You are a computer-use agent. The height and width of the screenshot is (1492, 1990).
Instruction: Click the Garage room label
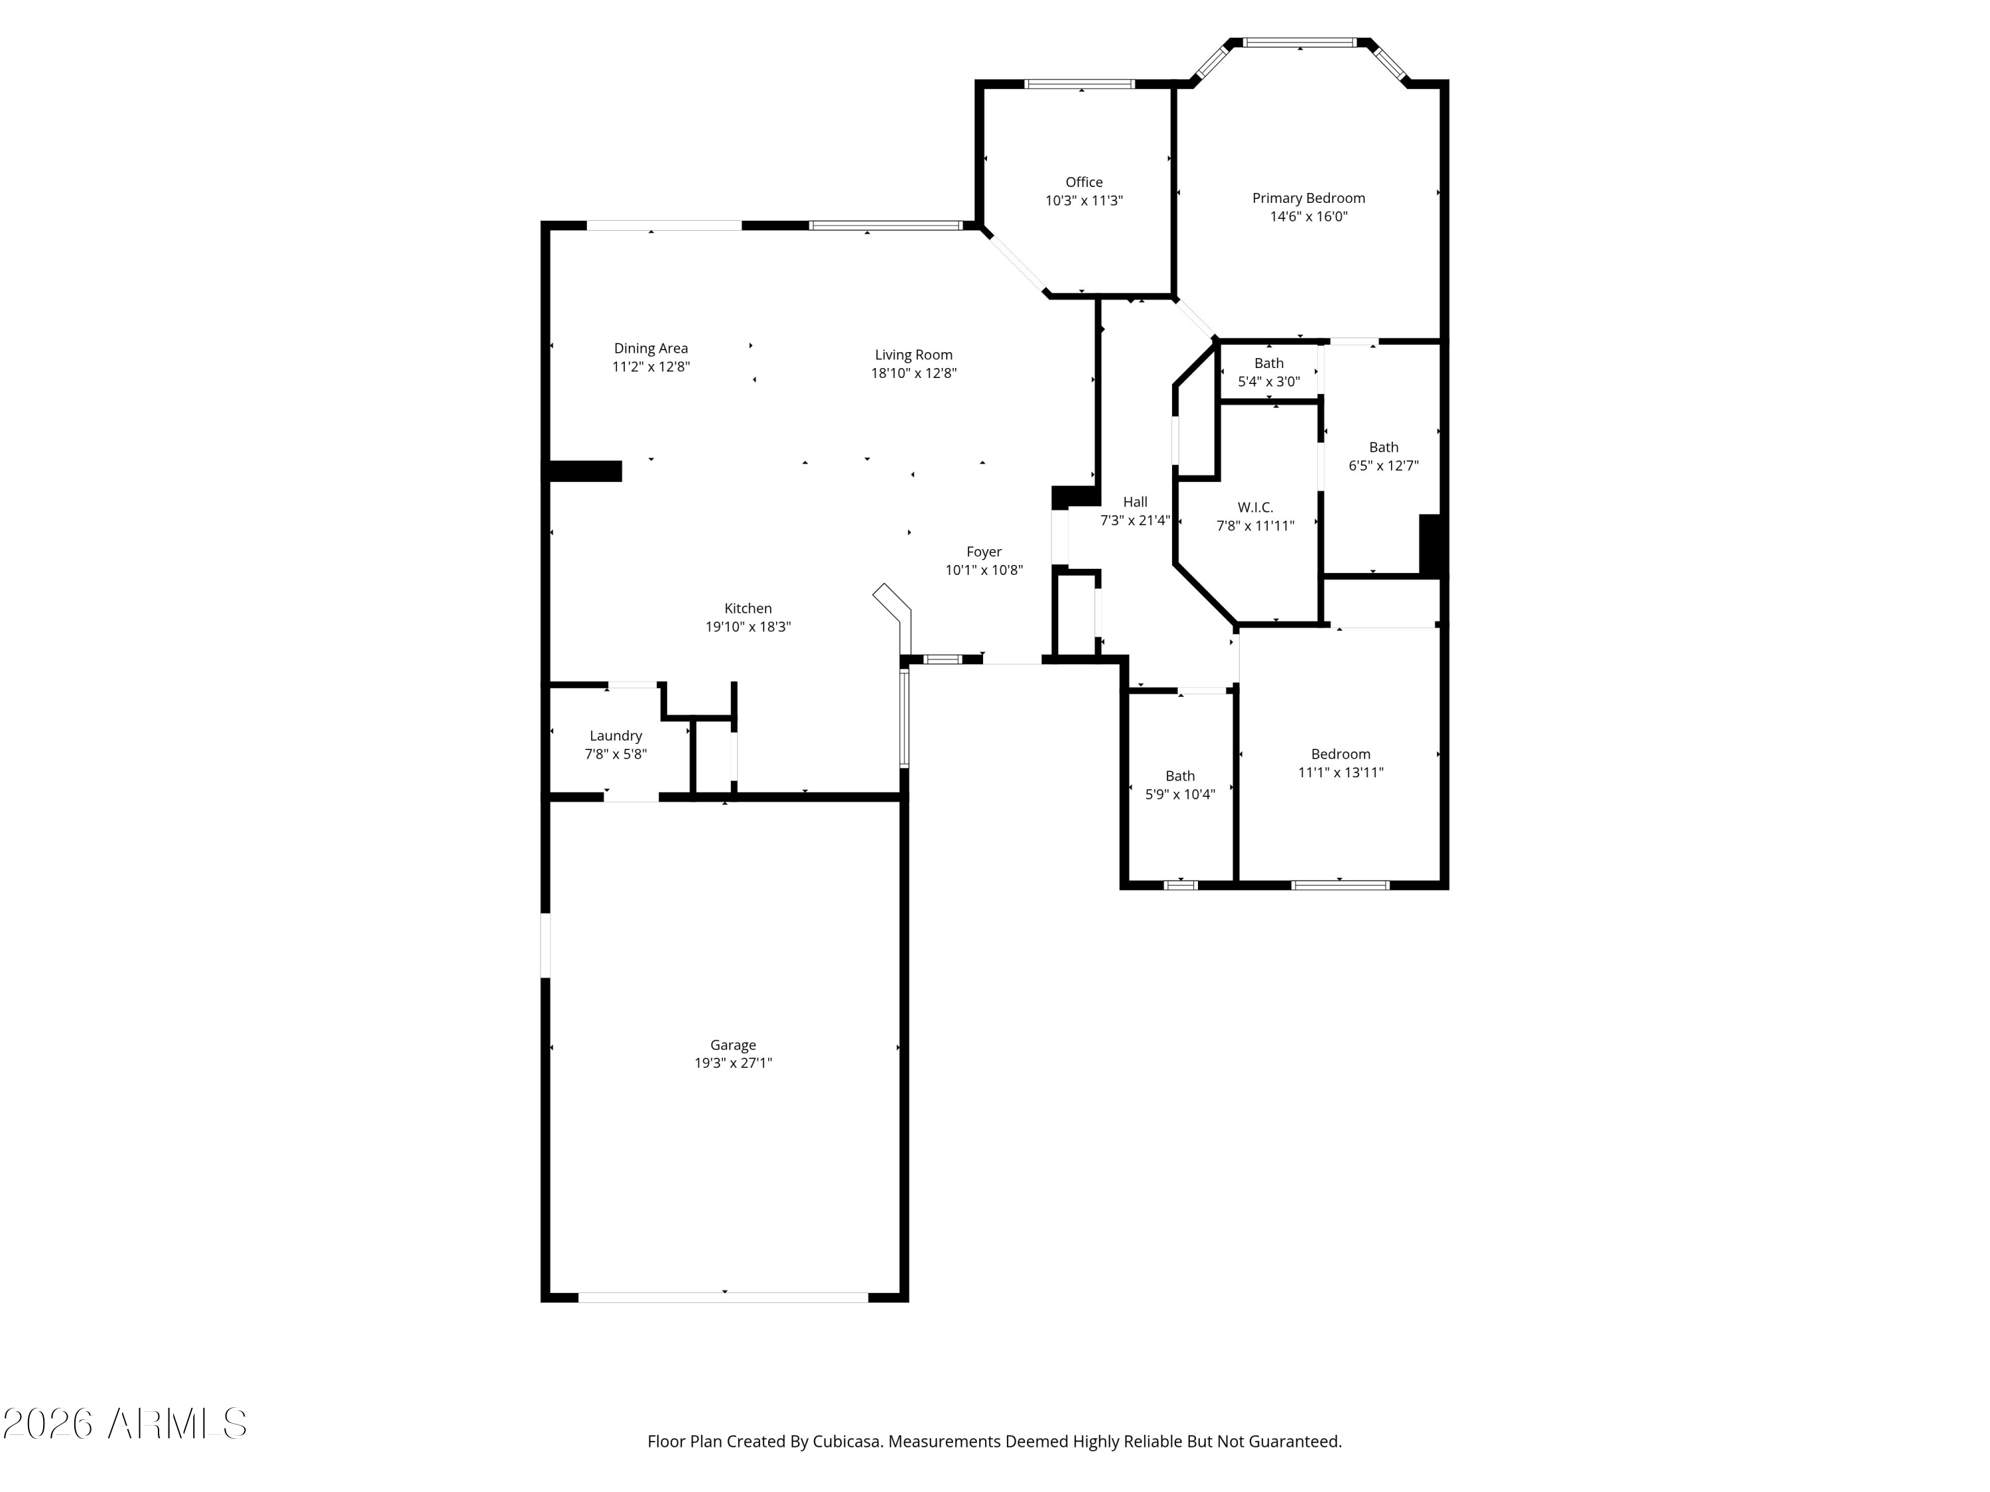732,1045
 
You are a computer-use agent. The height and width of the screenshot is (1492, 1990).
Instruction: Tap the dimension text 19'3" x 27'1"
732,1063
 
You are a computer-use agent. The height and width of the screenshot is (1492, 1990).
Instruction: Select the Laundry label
616,735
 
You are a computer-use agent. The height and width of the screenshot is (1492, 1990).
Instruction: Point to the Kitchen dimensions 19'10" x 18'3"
748,627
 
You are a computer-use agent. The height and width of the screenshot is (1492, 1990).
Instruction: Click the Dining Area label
651,348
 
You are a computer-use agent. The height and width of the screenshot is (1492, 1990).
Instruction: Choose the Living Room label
913,354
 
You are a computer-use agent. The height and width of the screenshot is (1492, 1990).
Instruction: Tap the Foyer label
983,551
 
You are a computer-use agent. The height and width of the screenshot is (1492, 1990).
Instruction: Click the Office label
1083,182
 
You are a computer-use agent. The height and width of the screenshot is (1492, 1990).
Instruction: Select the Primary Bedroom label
1308,198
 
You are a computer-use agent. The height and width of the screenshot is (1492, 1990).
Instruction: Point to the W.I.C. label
1255,507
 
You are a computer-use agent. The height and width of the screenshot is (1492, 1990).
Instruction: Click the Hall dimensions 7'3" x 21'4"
1134,520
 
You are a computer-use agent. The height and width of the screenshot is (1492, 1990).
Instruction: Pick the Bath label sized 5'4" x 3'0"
1268,363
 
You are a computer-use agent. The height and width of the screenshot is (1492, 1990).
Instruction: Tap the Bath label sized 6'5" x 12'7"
1383,447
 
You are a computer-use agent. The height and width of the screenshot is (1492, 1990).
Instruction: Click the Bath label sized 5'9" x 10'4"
1179,776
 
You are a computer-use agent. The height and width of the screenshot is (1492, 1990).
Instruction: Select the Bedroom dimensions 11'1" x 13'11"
1339,772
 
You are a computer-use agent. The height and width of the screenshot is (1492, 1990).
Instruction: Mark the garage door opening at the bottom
722,1297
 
